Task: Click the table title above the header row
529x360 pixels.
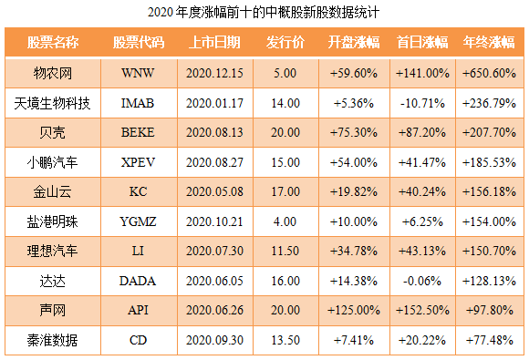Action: click(x=263, y=14)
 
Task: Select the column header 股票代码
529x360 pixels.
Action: click(x=139, y=43)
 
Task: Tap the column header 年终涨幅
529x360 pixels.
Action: click(x=489, y=43)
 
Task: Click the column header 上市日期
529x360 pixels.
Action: click(x=214, y=43)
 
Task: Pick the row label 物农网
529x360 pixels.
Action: click(x=53, y=73)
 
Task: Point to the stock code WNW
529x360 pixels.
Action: click(x=139, y=73)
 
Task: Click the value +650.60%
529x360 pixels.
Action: click(x=489, y=73)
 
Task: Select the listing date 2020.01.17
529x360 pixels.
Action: click(x=214, y=103)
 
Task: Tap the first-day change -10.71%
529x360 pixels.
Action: click(x=422, y=103)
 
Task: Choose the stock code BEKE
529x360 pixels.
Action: click(x=139, y=133)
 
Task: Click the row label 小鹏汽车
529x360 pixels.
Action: click(x=53, y=162)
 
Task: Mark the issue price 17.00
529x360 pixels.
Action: click(x=285, y=192)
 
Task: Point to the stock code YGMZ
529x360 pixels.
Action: click(x=139, y=222)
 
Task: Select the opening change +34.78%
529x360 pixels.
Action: click(x=354, y=252)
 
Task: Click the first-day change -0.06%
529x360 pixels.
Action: click(x=422, y=282)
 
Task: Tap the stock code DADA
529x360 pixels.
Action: click(x=139, y=282)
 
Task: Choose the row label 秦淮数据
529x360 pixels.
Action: click(x=53, y=341)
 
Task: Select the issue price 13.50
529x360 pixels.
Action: click(x=285, y=341)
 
